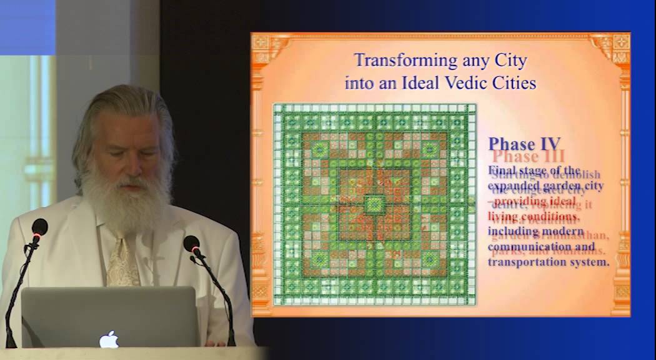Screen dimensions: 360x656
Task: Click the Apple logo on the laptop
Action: point(109,338)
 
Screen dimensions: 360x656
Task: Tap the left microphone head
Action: point(39,227)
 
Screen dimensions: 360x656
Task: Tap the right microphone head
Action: point(192,244)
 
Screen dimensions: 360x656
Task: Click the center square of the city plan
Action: point(374,204)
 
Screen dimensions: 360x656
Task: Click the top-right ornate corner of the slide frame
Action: point(615,46)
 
